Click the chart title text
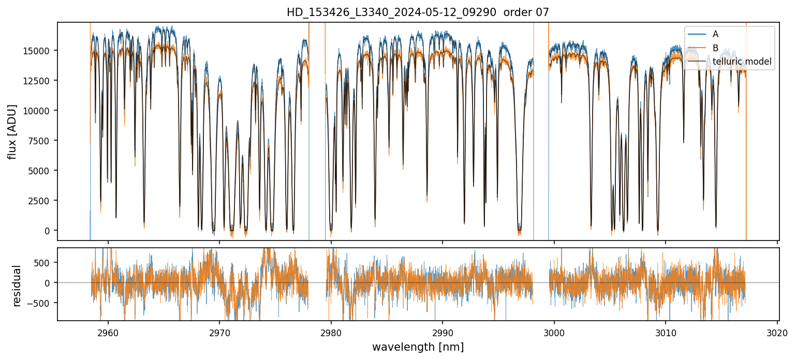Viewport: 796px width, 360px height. pyautogui.click(x=418, y=12)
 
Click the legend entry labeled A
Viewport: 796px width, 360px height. pyautogui.click(x=715, y=34)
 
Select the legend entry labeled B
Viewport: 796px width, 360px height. pyautogui.click(x=715, y=48)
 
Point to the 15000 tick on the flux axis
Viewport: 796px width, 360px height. pyautogui.click(x=39, y=51)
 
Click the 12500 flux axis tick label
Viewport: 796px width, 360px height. pyautogui.click(x=39, y=81)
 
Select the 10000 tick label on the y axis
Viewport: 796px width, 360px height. pyautogui.click(x=39, y=111)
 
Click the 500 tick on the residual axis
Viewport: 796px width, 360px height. pyautogui.click(x=45, y=262)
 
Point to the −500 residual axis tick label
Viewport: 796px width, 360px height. pyautogui.click(x=42, y=303)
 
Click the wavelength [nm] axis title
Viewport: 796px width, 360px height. pyautogui.click(x=418, y=347)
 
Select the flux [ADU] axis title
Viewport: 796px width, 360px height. pyautogui.click(x=12, y=131)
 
